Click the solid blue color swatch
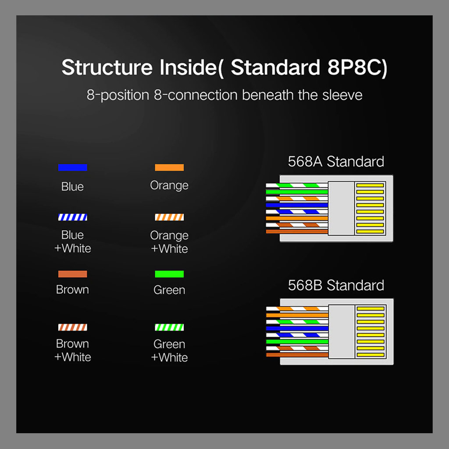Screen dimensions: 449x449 tap(72, 167)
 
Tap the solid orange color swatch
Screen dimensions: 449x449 tap(169, 167)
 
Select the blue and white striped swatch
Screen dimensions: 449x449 tap(72, 217)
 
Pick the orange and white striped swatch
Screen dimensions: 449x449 tap(169, 217)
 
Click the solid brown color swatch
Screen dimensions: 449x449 tap(72, 274)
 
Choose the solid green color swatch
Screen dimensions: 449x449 tap(169, 274)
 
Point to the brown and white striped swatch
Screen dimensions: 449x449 tap(72, 327)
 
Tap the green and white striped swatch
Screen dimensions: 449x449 tap(169, 327)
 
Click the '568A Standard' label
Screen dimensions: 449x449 tap(336, 161)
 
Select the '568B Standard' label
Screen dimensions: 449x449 tap(336, 285)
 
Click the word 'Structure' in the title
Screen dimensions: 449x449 tap(107, 68)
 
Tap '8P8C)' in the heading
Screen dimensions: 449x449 tap(357, 68)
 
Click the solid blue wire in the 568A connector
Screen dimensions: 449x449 tap(297, 205)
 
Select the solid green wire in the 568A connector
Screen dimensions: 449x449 tap(297, 192)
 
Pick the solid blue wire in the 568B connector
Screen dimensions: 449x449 tap(297, 328)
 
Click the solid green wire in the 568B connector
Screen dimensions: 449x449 tap(297, 342)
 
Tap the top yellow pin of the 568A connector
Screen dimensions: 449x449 tap(370, 185)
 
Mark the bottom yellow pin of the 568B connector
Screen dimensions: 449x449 tap(371, 355)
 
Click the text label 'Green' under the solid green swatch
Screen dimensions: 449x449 tap(169, 290)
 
